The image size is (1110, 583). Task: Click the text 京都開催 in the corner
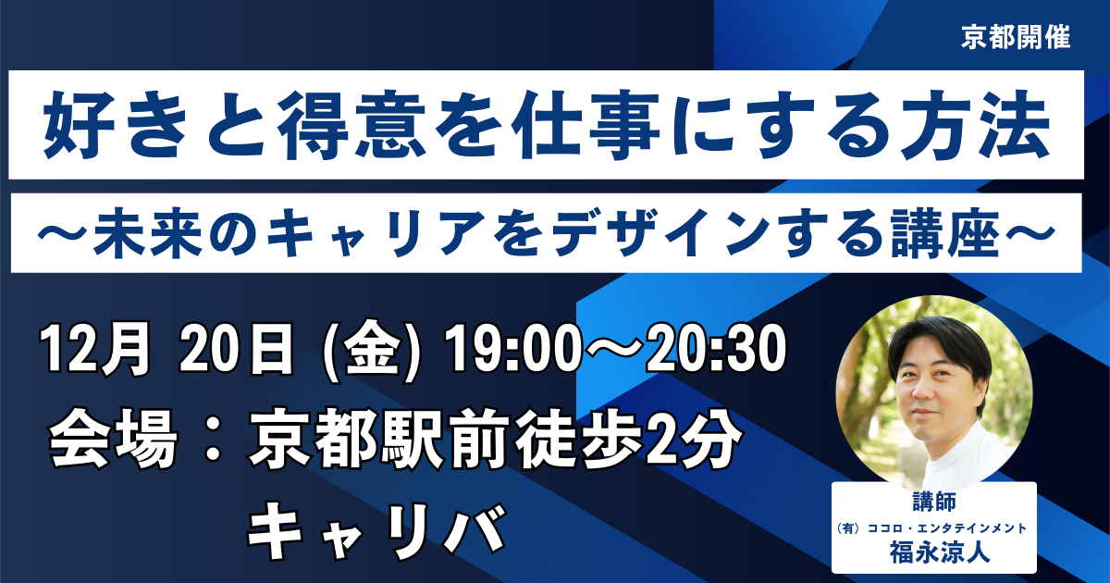(x=1016, y=37)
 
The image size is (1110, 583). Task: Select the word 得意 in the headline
(x=351, y=125)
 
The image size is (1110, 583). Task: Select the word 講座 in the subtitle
(x=945, y=233)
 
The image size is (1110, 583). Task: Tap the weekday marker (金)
(x=372, y=350)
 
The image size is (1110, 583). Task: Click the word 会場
(x=114, y=439)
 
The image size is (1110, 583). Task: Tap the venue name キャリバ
(x=376, y=530)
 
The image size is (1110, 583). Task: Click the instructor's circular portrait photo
(x=934, y=394)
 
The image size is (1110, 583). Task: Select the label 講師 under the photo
(x=934, y=502)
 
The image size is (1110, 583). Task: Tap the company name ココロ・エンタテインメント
(x=947, y=528)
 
